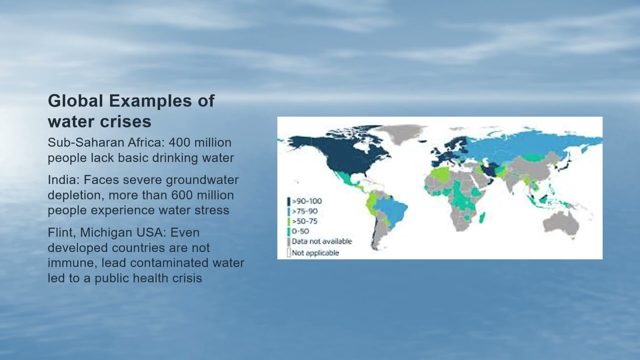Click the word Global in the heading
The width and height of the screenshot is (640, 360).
(x=75, y=101)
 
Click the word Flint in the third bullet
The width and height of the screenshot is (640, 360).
(x=61, y=233)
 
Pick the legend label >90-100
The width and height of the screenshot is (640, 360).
(x=306, y=201)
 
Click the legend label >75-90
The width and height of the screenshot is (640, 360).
(x=304, y=211)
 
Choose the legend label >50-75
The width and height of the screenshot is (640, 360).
(x=304, y=221)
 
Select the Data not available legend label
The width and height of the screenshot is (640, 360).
(x=321, y=241)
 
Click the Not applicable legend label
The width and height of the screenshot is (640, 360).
(x=315, y=253)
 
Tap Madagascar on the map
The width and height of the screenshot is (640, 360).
(x=482, y=218)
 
